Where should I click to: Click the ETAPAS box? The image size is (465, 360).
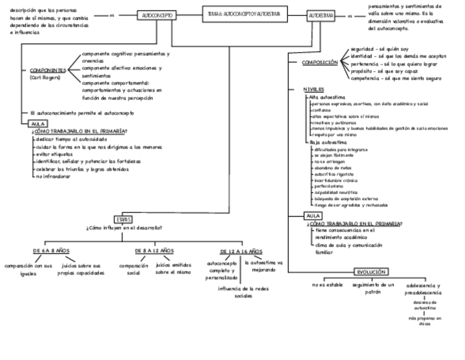coord(123,220)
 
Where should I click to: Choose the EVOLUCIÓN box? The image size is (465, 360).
coord(371,272)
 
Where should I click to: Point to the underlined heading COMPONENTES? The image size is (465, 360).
coord(48,70)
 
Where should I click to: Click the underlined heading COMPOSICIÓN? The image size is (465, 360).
coord(320,63)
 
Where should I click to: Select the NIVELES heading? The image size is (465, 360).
coord(313,89)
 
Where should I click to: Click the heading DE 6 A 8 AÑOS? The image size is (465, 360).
coord(51,250)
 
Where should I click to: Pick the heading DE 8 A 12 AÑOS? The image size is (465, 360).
coord(154,250)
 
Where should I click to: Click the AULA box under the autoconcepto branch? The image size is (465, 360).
coord(39,124)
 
